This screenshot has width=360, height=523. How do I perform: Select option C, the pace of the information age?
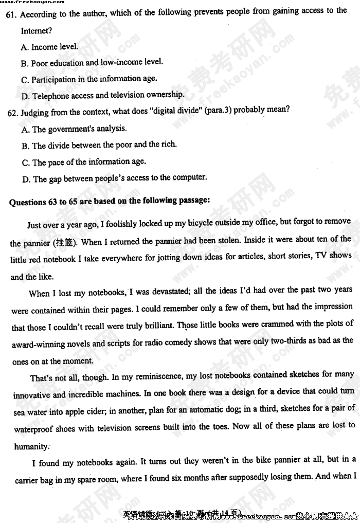coord(84,162)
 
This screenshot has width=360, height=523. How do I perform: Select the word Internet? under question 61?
coord(37,31)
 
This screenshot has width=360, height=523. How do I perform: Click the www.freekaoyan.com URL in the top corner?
coord(32,2)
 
